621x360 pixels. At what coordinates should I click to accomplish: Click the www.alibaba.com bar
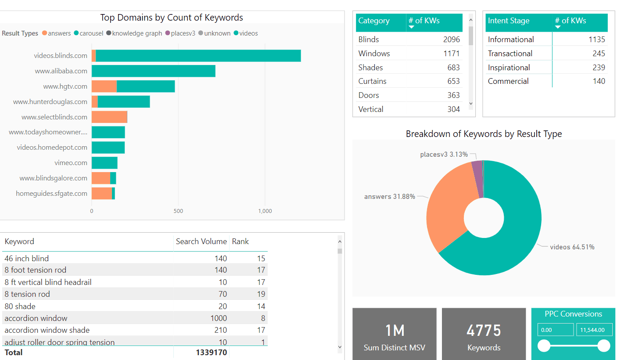tap(153, 71)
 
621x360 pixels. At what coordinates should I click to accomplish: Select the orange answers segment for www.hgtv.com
tap(104, 86)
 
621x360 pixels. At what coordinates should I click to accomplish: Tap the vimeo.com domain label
tap(71, 163)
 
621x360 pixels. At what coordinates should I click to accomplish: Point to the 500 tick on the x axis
tap(178, 211)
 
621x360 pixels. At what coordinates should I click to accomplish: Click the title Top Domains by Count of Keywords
tap(172, 18)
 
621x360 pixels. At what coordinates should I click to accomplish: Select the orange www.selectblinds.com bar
tap(109, 117)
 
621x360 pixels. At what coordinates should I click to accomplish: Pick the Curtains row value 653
tap(453, 81)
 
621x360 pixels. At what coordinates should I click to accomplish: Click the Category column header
tap(374, 21)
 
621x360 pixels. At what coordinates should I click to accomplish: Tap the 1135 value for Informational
tap(596, 40)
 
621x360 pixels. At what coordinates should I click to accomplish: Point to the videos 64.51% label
tap(572, 247)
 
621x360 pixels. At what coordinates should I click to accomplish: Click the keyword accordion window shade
tap(47, 330)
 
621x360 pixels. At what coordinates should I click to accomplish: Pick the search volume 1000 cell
tap(219, 318)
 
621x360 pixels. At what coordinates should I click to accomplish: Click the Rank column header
tap(241, 241)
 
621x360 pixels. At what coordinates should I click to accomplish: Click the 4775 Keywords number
tap(484, 331)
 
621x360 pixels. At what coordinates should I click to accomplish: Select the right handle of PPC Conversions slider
tap(604, 346)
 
